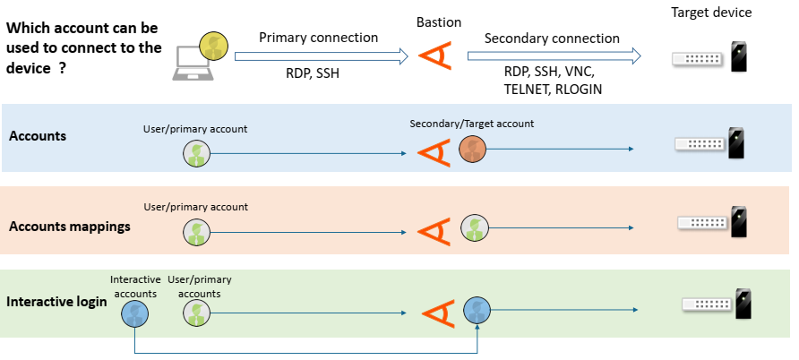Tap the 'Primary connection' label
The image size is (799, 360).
[318, 38]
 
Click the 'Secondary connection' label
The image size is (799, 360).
[551, 39]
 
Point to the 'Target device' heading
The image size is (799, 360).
[711, 13]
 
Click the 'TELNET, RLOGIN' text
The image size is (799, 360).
[553, 90]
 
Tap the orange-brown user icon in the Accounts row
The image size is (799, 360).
[472, 150]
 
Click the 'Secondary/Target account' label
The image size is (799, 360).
[472, 123]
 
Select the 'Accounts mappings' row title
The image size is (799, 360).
[70, 227]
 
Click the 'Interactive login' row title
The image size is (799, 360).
[57, 302]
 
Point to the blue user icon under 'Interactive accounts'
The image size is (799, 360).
[134, 313]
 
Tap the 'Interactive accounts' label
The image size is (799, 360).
[134, 287]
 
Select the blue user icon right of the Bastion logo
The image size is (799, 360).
[477, 311]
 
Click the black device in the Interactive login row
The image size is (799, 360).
[742, 304]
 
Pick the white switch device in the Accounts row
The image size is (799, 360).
[700, 143]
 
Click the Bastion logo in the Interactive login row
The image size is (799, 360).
[437, 313]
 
